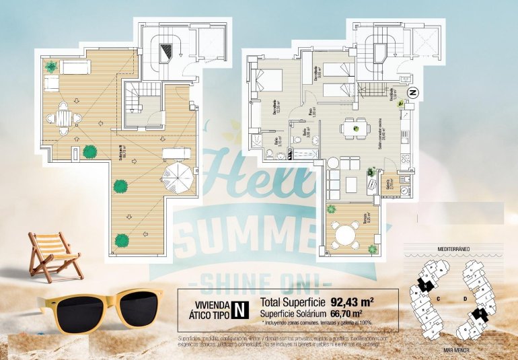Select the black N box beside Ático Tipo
(238, 310)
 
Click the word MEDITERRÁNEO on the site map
(453, 248)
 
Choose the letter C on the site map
(438, 297)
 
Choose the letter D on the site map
(465, 297)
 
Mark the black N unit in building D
(478, 314)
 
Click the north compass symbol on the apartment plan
(413, 93)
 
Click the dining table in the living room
(353, 127)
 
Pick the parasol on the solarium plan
(177, 179)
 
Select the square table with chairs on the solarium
(64, 118)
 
